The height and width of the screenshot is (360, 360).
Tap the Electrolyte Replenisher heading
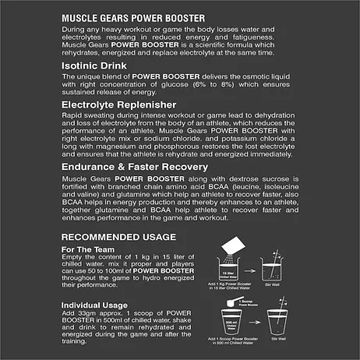[x=119, y=103]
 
